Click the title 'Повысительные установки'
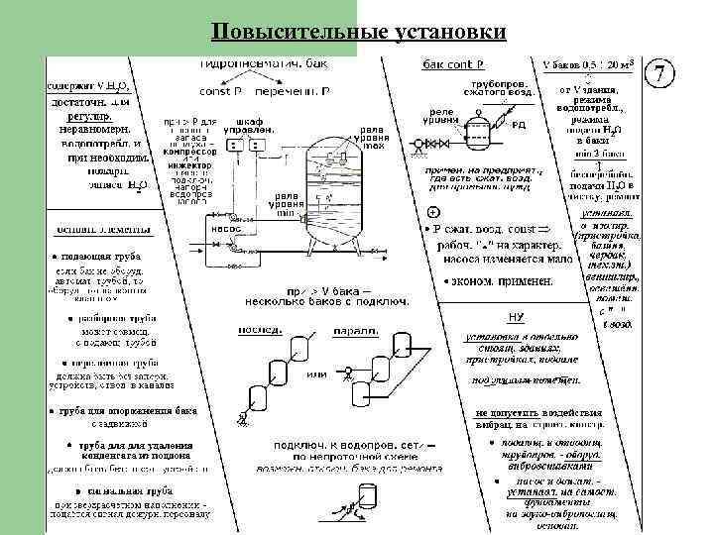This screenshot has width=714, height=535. tap(358, 33)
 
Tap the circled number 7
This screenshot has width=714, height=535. tap(661, 74)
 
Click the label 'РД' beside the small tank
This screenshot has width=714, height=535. tap(519, 125)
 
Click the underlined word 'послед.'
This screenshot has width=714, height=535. tap(252, 330)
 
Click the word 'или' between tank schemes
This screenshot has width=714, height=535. tap(316, 374)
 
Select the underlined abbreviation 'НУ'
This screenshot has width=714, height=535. tap(515, 316)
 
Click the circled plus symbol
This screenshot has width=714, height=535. tap(432, 214)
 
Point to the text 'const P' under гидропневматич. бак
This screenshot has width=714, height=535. tap(222, 91)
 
